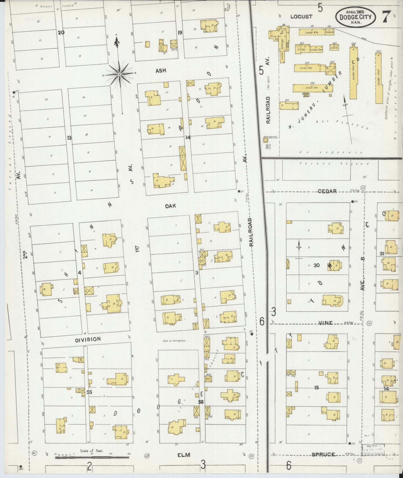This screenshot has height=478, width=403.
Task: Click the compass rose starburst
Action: (x=119, y=74)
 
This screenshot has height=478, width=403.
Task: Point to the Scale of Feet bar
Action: (x=92, y=457)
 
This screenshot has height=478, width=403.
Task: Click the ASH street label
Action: (x=161, y=71)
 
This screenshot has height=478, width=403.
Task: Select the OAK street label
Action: (x=170, y=206)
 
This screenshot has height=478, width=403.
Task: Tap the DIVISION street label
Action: (x=88, y=339)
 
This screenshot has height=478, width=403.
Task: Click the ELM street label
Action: (x=184, y=455)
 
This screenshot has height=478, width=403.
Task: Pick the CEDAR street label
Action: (x=327, y=191)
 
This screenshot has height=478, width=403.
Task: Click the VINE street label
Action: (x=325, y=323)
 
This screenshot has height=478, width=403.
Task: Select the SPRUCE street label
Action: (x=323, y=455)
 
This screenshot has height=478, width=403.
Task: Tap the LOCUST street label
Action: (x=301, y=17)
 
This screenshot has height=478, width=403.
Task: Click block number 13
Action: (x=69, y=138)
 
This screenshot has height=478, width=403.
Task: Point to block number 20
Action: (x=61, y=32)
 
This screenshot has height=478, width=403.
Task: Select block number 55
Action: (x=89, y=392)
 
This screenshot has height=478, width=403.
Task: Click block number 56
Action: (x=201, y=402)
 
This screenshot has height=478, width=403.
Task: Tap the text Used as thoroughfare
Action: (x=174, y=341)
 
